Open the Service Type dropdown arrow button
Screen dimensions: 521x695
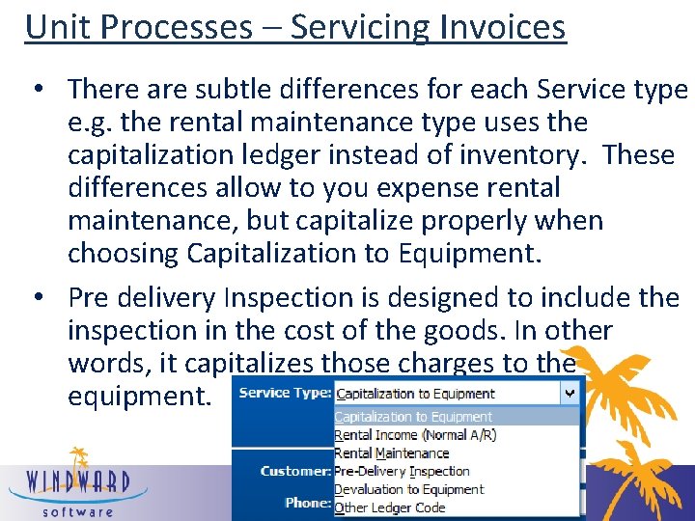(570, 393)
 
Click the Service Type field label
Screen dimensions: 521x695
(285, 394)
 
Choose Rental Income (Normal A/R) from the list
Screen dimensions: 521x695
(415, 435)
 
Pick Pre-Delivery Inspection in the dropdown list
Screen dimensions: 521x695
(402, 472)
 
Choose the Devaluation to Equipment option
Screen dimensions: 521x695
(408, 489)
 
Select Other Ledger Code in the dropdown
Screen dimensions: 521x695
(389, 507)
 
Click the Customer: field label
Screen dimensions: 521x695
(295, 472)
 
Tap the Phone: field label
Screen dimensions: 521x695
(307, 503)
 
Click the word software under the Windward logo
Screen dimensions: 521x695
(76, 511)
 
